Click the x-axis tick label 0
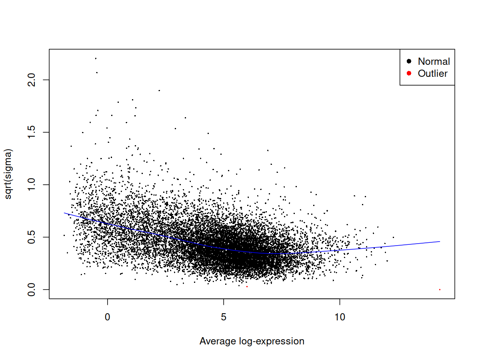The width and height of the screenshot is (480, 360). (x=107, y=317)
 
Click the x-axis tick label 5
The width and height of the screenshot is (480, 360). (x=224, y=317)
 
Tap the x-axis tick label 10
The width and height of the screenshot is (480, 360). (x=340, y=317)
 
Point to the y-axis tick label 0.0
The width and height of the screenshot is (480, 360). (x=32, y=290)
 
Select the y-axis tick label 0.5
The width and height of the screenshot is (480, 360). (x=32, y=237)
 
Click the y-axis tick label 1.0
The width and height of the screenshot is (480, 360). (x=32, y=185)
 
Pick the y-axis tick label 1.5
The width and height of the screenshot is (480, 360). (x=32, y=132)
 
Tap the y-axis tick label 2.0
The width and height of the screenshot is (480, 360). (x=32, y=80)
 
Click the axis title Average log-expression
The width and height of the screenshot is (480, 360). (x=252, y=341)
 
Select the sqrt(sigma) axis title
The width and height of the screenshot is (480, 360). (x=8, y=174)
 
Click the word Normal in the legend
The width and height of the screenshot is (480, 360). (x=434, y=62)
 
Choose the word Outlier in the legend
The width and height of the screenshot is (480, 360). (x=432, y=74)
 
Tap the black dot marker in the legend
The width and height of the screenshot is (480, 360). (x=409, y=61)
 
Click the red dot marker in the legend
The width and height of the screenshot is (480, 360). (x=409, y=73)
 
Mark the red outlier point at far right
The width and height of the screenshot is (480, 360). (x=440, y=290)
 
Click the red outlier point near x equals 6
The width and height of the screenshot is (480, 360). (x=247, y=286)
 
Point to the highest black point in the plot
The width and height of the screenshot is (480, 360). (x=96, y=58)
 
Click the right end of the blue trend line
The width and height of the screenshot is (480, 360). (x=440, y=242)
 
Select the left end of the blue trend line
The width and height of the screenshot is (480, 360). (x=64, y=213)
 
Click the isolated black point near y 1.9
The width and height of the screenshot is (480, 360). (x=159, y=90)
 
